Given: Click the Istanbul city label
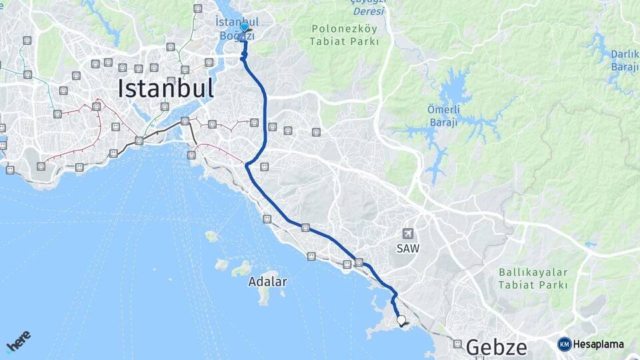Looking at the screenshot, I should (166, 88).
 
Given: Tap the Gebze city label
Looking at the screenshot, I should (496, 347).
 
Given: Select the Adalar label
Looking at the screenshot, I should (267, 282).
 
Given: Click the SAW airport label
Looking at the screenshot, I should (407, 247).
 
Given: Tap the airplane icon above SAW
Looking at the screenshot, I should (407, 233).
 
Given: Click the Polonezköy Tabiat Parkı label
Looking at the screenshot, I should (344, 35).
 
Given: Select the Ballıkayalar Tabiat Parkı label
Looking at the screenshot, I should (533, 279).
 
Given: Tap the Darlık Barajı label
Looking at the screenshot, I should (625, 61).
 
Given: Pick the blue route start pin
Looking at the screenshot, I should (244, 29).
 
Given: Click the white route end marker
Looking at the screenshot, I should (401, 321).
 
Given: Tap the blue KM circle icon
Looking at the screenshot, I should (565, 344).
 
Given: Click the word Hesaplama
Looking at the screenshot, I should (599, 345).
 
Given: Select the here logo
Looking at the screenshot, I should (18, 341).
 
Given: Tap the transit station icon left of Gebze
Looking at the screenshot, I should (457, 344).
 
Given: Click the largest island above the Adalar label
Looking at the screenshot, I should (241, 269).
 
